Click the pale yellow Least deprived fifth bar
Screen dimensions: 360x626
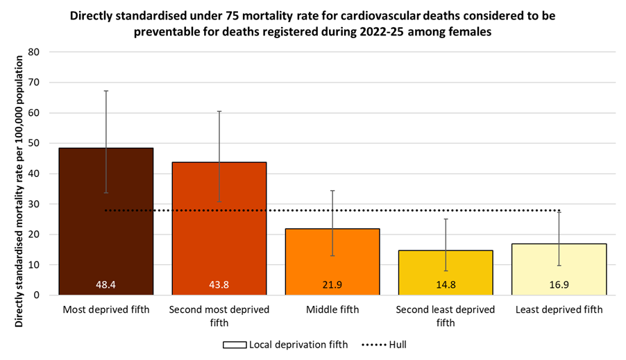pyautogui.click(x=559, y=270)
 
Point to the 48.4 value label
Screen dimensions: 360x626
pyautogui.click(x=106, y=285)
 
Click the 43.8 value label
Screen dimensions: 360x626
pyautogui.click(x=219, y=285)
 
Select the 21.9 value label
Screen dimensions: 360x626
pyautogui.click(x=332, y=285)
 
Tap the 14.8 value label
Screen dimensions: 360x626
pyautogui.click(x=446, y=285)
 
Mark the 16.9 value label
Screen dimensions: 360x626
pyautogui.click(x=559, y=285)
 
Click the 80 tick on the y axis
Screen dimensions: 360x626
pyautogui.click(x=35, y=52)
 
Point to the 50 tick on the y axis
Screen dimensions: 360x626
pyautogui.click(x=35, y=143)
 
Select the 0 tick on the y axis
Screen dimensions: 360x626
pyautogui.click(x=37, y=295)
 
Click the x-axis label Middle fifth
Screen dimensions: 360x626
pyautogui.click(x=332, y=309)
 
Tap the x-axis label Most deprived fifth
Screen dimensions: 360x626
pyautogui.click(x=106, y=309)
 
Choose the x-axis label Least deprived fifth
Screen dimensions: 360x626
pyautogui.click(x=559, y=309)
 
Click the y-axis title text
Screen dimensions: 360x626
pyautogui.click(x=19, y=173)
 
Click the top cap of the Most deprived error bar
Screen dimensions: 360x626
pyautogui.click(x=106, y=91)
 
